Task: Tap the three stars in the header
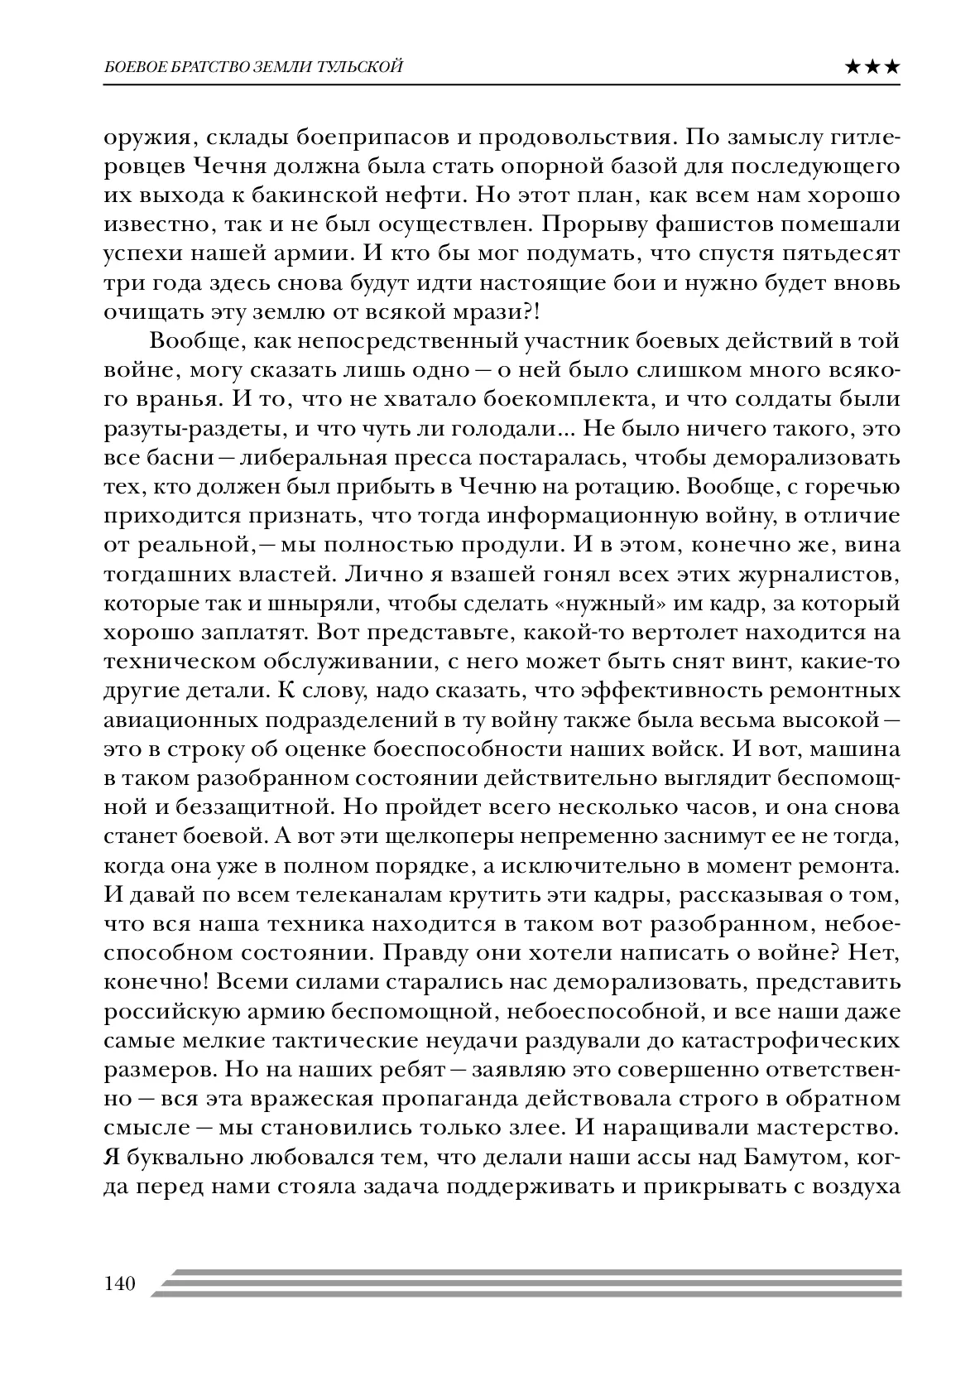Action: (x=872, y=68)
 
